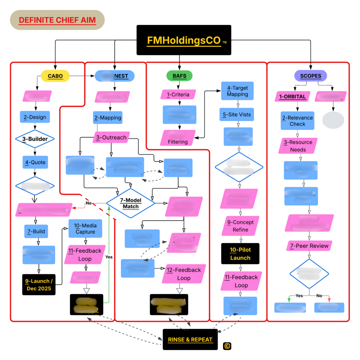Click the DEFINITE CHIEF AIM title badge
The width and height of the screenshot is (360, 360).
pyautogui.click(x=57, y=20)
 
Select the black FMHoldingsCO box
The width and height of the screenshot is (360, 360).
pyautogui.click(x=184, y=40)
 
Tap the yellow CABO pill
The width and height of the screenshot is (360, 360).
pyautogui.click(x=55, y=76)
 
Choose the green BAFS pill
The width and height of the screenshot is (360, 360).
pyautogui.click(x=179, y=76)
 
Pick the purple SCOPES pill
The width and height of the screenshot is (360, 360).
pyautogui.click(x=310, y=76)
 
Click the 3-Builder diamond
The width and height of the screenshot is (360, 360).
pyautogui.click(x=35, y=139)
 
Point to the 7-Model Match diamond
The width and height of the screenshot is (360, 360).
pyautogui.click(x=130, y=203)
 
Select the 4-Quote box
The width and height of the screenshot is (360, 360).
pyautogui.click(x=35, y=163)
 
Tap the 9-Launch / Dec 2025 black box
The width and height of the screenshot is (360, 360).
pyautogui.click(x=39, y=284)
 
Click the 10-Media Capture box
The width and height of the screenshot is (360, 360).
pyautogui.click(x=85, y=229)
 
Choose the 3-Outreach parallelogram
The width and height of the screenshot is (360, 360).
pyautogui.click(x=111, y=137)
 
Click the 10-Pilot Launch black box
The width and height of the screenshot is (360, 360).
pyautogui.click(x=240, y=253)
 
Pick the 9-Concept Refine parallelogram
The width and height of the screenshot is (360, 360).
pyautogui.click(x=240, y=226)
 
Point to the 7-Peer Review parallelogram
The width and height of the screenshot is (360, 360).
pyautogui.click(x=309, y=246)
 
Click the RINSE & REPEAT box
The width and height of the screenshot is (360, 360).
pyautogui.click(x=190, y=340)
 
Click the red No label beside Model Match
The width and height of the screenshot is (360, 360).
pyautogui.click(x=89, y=203)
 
